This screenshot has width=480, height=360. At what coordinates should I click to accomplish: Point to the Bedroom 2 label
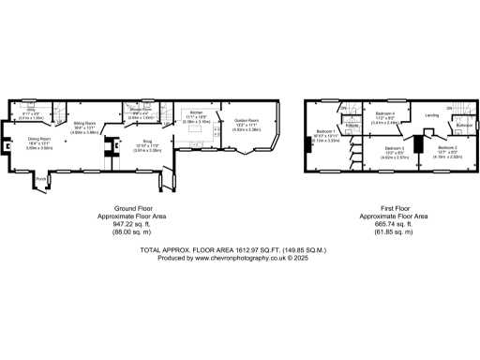pos(447,148)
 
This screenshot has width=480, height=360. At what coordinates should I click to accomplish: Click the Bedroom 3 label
pos(395,148)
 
